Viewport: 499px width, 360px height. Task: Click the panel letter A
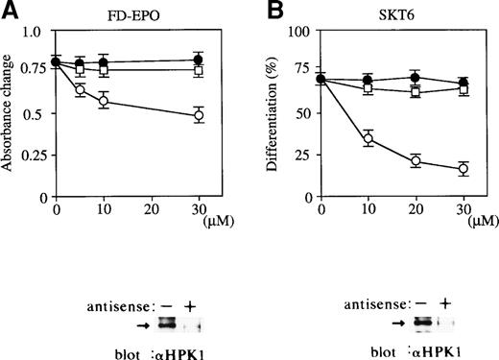pyautogui.click(x=9, y=10)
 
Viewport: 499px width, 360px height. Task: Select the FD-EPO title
pyautogui.click(x=132, y=13)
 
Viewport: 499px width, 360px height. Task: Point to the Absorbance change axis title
pyautogui.click(x=9, y=113)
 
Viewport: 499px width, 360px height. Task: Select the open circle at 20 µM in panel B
pyautogui.click(x=416, y=161)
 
